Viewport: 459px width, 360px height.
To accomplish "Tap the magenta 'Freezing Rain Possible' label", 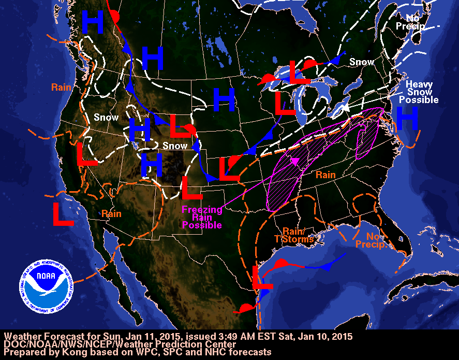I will point(202,218).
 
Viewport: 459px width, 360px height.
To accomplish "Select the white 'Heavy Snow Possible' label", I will point(422,92).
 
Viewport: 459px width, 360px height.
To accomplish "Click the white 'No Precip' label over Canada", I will point(410,22).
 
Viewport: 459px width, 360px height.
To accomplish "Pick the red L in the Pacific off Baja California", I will point(63,213).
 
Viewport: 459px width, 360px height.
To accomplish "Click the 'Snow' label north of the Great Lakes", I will point(362,62).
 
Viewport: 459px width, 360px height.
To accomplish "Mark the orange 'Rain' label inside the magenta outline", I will point(326,176).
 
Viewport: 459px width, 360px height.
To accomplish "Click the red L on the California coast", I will point(87,154).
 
